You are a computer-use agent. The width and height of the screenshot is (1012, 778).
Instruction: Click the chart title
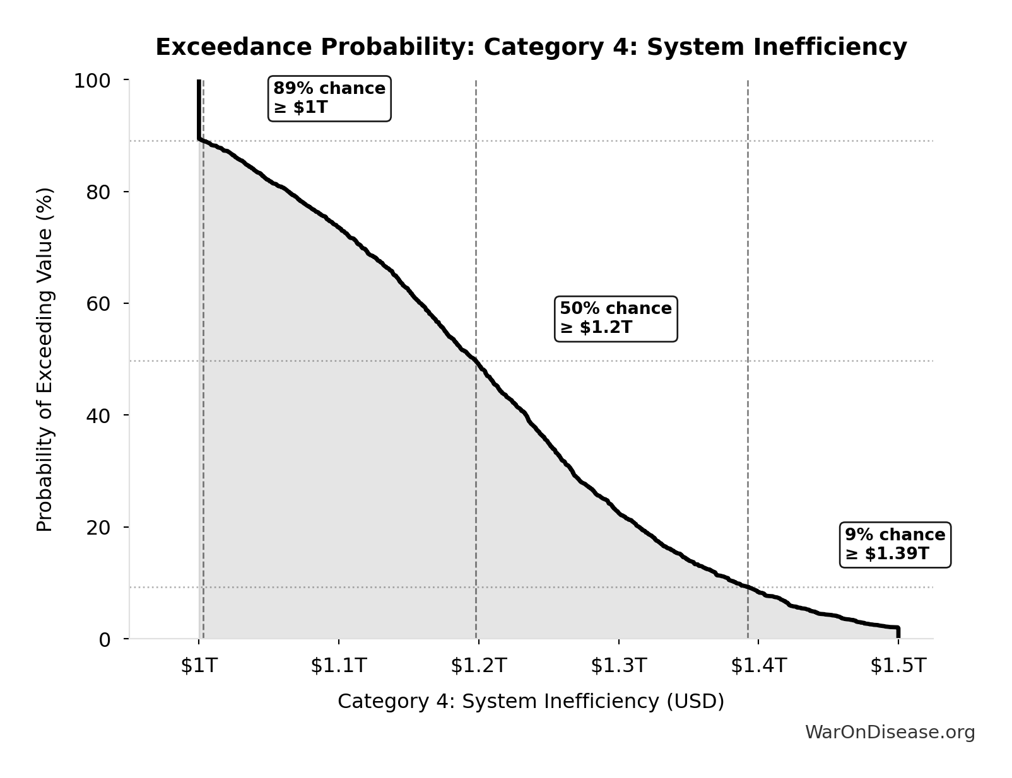[531, 47]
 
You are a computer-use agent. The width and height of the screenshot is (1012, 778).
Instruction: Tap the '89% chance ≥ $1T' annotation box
[329, 98]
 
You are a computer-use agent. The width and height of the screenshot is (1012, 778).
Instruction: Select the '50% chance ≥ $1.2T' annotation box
[615, 318]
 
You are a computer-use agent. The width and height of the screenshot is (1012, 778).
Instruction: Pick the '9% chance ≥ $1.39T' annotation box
[895, 544]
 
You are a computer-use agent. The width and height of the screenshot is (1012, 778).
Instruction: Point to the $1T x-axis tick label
[199, 665]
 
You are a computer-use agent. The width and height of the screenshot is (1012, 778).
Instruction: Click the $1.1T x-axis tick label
[339, 665]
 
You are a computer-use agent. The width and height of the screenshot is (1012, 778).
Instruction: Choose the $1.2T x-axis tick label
[479, 665]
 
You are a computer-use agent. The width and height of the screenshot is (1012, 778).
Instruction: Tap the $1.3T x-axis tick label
[619, 665]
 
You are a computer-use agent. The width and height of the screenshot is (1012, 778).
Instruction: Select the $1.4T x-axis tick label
[759, 665]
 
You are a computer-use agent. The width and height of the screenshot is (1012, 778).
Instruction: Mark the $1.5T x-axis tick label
[898, 665]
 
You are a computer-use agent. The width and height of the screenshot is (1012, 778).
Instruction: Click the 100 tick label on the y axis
[92, 81]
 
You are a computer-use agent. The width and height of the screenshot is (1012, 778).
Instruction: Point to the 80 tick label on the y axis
[98, 192]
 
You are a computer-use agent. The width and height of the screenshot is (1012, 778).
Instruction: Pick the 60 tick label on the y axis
[98, 303]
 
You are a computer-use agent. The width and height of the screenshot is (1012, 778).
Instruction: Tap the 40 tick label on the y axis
[98, 415]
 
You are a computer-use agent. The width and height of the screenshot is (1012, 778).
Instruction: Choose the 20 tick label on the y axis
[98, 527]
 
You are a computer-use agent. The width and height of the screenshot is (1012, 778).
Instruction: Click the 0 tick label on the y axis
[105, 639]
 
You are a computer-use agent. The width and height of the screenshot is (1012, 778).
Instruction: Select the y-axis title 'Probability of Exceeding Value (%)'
[45, 359]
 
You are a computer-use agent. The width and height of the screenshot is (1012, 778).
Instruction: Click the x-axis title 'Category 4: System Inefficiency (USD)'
[531, 701]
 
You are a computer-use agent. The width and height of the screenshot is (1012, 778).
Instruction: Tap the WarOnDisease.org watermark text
[890, 732]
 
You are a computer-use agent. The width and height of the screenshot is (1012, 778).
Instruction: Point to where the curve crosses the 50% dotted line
[476, 361]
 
